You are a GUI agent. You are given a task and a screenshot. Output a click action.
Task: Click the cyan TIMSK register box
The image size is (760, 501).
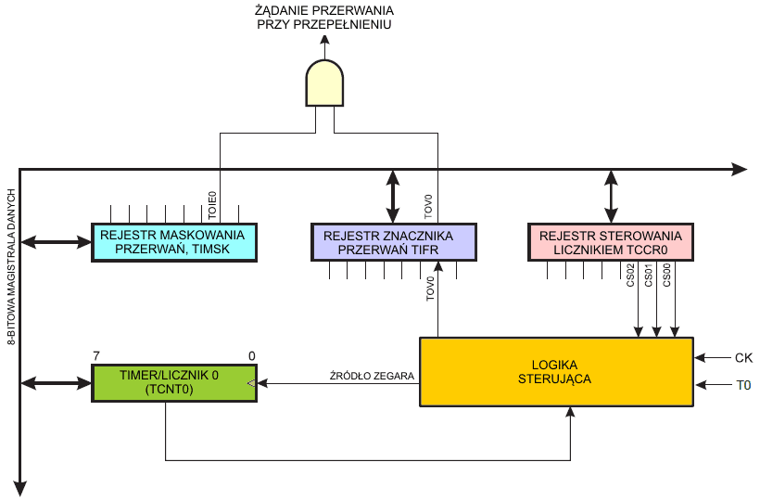(x=174, y=242)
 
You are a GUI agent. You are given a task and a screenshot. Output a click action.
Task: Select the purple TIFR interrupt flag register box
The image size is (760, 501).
(x=393, y=242)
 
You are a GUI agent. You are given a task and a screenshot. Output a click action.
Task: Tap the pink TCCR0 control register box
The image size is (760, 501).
(x=610, y=242)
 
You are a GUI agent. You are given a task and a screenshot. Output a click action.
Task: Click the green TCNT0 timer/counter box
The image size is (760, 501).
(x=174, y=383)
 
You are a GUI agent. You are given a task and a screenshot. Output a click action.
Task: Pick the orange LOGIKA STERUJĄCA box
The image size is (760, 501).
(x=556, y=371)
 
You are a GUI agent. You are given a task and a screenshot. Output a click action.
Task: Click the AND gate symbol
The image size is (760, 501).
(x=323, y=83)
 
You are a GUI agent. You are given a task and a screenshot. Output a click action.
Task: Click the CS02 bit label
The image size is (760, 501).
(x=630, y=276)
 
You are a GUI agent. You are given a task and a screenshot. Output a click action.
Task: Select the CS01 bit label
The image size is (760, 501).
(x=649, y=276)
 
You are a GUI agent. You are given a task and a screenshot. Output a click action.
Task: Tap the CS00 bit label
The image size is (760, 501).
(x=667, y=276)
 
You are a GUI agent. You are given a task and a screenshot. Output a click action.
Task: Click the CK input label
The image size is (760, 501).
(x=743, y=357)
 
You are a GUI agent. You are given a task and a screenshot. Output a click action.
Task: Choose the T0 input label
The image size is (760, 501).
(x=743, y=384)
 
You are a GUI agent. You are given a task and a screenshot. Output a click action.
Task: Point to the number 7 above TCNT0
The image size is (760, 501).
(x=95, y=355)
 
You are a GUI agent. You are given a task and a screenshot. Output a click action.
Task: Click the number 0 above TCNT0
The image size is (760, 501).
(x=251, y=355)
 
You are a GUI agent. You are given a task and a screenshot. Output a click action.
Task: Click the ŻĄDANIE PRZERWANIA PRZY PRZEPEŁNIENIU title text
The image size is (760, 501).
(x=323, y=17)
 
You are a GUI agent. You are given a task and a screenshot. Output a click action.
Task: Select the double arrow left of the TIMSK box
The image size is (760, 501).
(x=56, y=242)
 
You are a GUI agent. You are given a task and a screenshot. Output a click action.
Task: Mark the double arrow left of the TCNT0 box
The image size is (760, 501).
(x=56, y=383)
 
